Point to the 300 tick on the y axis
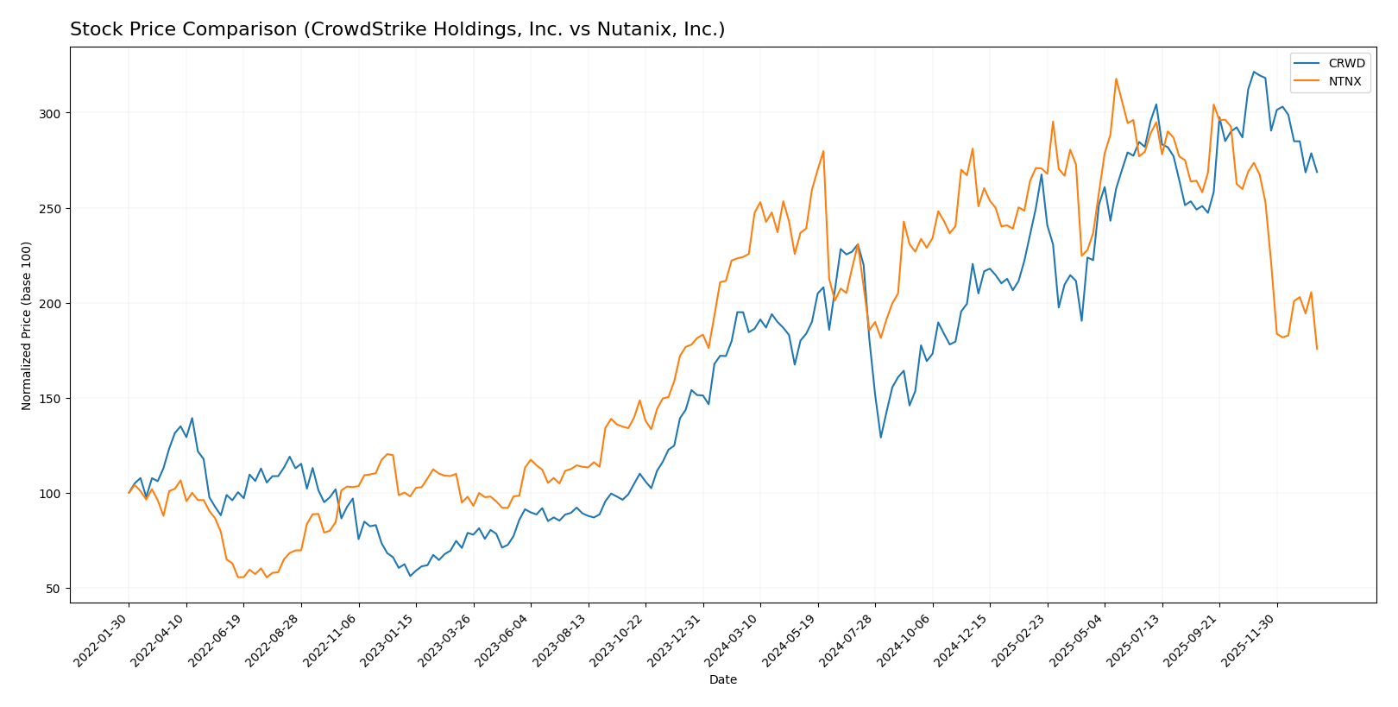52,113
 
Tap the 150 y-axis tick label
52,399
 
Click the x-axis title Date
722,680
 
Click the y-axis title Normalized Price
27,325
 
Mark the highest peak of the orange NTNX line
1116,79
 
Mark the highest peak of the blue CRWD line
1254,72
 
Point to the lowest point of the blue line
410,576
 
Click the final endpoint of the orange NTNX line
1317,349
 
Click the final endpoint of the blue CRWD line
1317,172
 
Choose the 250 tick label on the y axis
52,209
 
